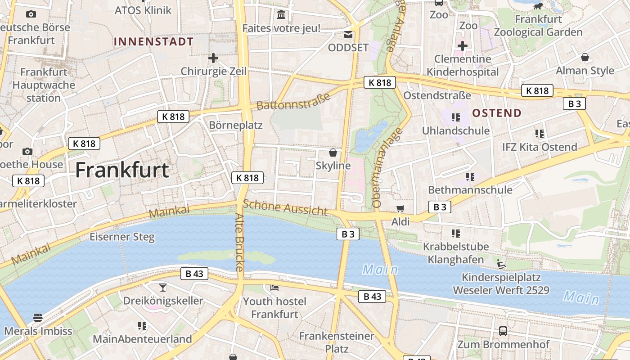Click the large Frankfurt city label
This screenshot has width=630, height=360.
click(122, 170)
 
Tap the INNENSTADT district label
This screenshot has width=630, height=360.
click(153, 42)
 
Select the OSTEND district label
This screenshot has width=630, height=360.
click(497, 113)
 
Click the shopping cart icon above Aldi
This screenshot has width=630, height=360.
click(400, 208)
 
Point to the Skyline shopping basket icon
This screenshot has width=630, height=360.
click(333, 153)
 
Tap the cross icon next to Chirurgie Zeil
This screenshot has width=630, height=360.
click(213, 58)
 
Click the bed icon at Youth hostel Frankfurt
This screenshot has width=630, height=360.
click(274, 288)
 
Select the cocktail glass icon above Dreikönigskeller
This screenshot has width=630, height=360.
click(163, 287)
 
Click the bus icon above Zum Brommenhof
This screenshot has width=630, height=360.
click(503, 332)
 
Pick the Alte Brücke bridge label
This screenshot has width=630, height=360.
click(239, 242)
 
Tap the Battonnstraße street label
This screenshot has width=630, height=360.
click(293, 100)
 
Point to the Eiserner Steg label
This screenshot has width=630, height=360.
click(122, 237)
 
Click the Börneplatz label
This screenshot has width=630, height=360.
click(236, 125)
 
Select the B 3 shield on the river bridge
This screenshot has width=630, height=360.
click(348, 234)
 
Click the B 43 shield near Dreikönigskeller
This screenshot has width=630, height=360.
click(194, 274)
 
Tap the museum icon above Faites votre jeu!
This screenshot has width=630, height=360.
click(282, 15)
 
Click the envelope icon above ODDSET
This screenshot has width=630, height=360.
click(348, 35)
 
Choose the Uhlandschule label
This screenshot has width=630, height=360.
click(455, 130)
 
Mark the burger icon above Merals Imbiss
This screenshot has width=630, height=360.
click(38, 318)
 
